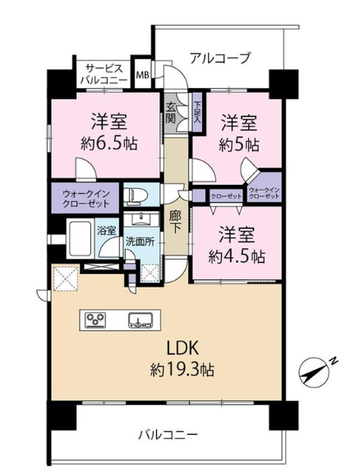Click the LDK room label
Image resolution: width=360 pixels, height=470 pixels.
pos(182,348)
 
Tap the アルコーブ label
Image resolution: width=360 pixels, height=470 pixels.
pos(219,58)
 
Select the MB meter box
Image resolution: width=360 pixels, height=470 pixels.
pos(143,75)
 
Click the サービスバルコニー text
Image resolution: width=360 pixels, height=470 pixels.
pos(104,74)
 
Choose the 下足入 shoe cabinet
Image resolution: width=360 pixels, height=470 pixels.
pos(197,113)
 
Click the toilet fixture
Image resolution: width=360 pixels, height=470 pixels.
pos(136,195)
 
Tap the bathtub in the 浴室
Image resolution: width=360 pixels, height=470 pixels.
pos(80,239)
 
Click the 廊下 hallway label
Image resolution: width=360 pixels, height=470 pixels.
pos(174,223)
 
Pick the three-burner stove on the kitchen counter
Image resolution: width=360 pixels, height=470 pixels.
pos(95,320)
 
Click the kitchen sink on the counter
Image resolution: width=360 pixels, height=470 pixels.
pos(141,320)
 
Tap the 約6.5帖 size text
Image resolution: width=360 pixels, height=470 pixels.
pos(109,144)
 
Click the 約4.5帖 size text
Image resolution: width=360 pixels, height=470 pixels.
pos(237,256)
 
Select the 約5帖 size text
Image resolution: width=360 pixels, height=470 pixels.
pos(239,145)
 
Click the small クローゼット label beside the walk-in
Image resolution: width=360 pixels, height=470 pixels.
pos(226,196)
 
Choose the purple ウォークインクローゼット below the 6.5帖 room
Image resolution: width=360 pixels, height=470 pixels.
pos(86,198)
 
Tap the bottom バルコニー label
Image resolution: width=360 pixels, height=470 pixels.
pos(168,435)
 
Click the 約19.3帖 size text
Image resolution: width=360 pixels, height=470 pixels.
pos(182,370)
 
